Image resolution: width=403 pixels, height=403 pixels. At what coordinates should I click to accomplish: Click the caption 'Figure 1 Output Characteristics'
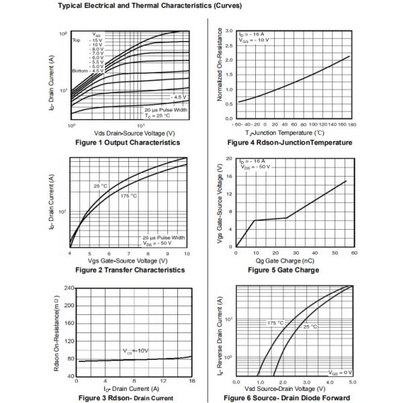(x=128, y=142)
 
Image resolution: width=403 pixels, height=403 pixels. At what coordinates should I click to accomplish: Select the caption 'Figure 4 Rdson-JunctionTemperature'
(x=289, y=142)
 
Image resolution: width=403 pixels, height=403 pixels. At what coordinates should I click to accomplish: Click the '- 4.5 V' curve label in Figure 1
(x=178, y=97)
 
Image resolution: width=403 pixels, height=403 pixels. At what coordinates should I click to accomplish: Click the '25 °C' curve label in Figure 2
(x=100, y=185)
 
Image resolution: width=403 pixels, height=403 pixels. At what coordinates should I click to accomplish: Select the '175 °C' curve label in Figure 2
(x=129, y=195)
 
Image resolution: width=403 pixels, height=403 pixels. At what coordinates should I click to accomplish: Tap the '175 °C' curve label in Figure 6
(x=275, y=322)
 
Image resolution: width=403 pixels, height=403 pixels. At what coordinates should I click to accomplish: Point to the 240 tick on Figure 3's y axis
(x=69, y=288)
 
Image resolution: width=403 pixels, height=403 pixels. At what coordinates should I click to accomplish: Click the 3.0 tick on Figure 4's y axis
(x=229, y=32)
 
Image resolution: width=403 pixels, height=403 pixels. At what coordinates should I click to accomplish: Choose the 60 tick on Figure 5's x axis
(x=353, y=253)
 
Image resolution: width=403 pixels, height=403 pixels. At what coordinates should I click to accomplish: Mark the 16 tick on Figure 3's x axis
(x=191, y=381)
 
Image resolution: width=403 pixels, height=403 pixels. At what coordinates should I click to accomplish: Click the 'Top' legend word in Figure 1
(x=77, y=40)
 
